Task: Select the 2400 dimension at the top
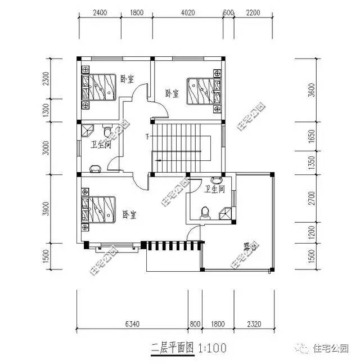click(x=100, y=12)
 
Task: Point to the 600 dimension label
click(x=228, y=12)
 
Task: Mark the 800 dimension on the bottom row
click(x=195, y=324)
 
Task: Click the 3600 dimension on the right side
click(x=313, y=89)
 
